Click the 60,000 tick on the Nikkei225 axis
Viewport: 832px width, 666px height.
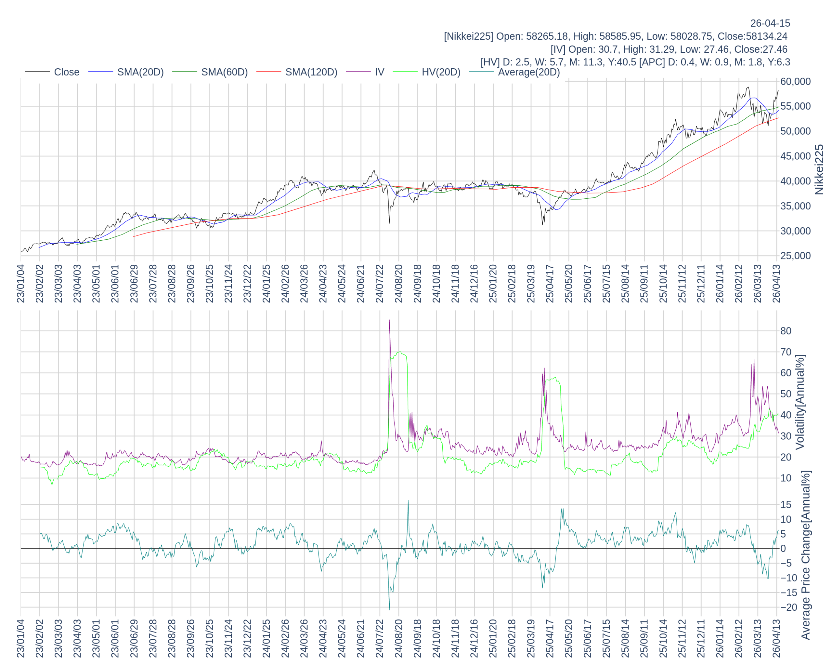pos(795,82)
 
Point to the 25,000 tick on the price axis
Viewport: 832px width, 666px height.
pos(795,256)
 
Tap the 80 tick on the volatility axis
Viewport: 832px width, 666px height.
pos(786,331)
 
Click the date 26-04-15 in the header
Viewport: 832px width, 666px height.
pos(770,23)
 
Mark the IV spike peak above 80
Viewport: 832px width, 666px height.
pos(389,320)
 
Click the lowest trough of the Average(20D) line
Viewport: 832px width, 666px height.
pos(389,610)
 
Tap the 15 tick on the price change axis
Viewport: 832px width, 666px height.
pos(786,505)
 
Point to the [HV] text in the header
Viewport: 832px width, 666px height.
pos(490,62)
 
